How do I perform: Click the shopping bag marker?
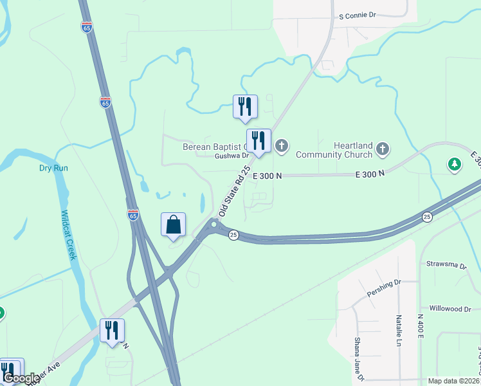pos(173,225)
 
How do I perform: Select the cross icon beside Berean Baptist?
pos(282,147)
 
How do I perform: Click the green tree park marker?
pos(455,165)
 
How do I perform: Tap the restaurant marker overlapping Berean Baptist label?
pos(259,141)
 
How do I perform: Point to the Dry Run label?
pos(53,168)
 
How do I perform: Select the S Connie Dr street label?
pos(357,15)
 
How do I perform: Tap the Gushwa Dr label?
pos(231,156)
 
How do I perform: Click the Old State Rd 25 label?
pos(233,190)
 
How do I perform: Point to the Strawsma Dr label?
pos(449,264)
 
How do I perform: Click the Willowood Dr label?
pos(449,309)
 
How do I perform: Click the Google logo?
pos(21,378)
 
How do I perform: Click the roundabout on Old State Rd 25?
pos(213,225)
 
